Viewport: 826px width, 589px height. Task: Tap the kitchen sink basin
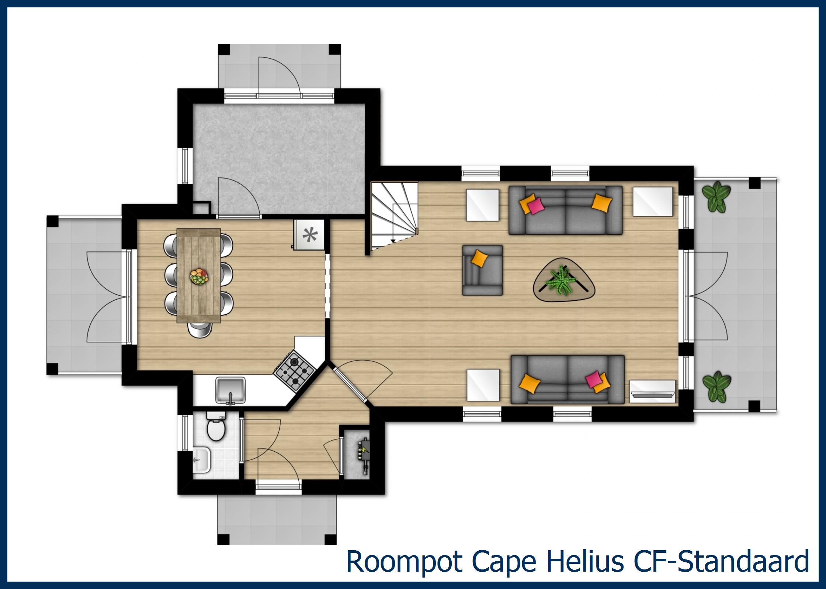(230, 390)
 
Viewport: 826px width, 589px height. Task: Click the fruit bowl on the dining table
(199, 276)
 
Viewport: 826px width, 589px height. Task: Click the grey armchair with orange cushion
(482, 270)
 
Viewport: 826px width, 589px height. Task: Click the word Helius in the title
(585, 571)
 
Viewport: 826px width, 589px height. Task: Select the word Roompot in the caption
(404, 571)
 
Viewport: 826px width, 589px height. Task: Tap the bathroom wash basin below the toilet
(202, 461)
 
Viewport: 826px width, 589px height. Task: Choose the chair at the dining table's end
(199, 329)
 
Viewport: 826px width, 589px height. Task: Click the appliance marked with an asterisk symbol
(309, 235)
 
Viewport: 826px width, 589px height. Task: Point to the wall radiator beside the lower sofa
(653, 390)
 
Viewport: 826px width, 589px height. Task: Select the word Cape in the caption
(504, 571)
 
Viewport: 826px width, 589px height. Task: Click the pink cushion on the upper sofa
(535, 206)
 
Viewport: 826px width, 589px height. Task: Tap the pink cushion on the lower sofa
(593, 380)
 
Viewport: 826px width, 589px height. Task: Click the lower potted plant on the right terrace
(716, 387)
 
